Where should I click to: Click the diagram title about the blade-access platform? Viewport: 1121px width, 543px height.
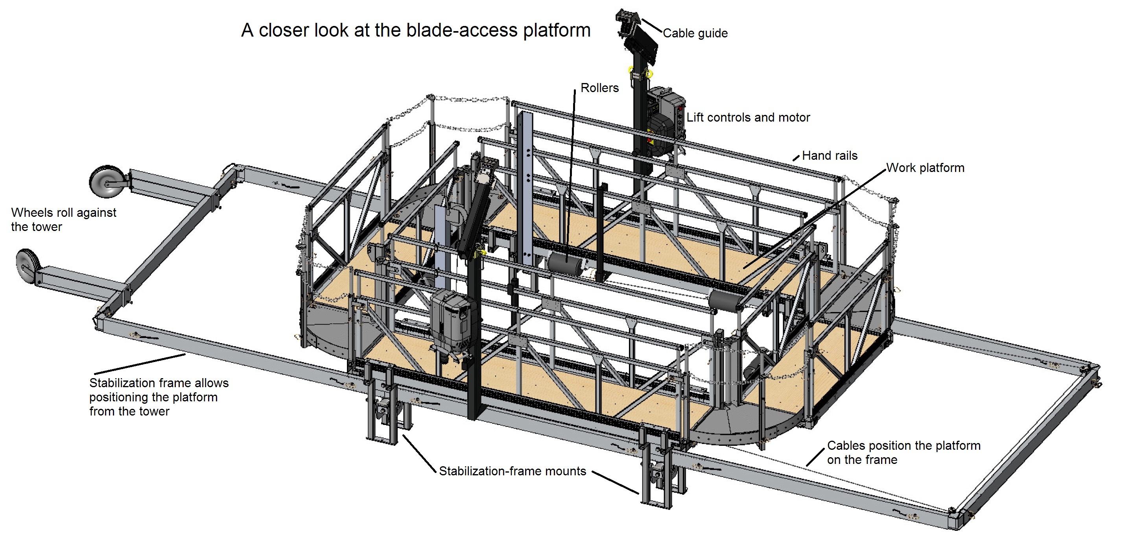point(416,30)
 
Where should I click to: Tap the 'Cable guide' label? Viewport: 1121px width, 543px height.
point(695,33)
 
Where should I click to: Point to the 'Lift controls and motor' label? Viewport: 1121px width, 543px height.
point(748,118)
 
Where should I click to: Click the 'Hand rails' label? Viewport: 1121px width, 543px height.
point(830,156)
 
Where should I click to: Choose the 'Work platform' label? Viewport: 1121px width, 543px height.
point(925,168)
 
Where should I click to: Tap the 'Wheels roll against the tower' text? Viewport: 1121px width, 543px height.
point(64,220)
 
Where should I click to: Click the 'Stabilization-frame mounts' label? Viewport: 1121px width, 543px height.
point(512,471)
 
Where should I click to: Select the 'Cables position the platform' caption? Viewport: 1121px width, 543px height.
point(903,452)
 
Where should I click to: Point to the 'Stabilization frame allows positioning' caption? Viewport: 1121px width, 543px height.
point(159,397)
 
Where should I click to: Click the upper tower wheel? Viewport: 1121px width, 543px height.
point(106,181)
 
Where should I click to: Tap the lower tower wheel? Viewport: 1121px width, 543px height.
point(27,266)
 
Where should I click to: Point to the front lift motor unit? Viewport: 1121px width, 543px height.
point(450,320)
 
